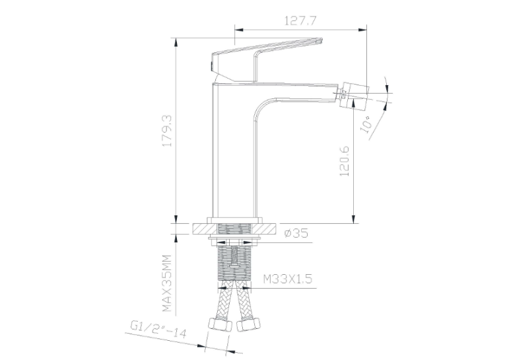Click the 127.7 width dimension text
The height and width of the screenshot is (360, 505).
click(300, 20)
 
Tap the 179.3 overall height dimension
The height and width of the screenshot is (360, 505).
click(168, 131)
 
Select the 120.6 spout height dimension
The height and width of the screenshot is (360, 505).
click(344, 161)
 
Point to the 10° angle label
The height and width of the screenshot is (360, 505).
click(367, 125)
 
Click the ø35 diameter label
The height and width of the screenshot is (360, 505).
click(296, 233)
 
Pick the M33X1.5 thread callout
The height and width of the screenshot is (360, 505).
click(288, 279)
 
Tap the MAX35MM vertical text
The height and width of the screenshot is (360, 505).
click(167, 283)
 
